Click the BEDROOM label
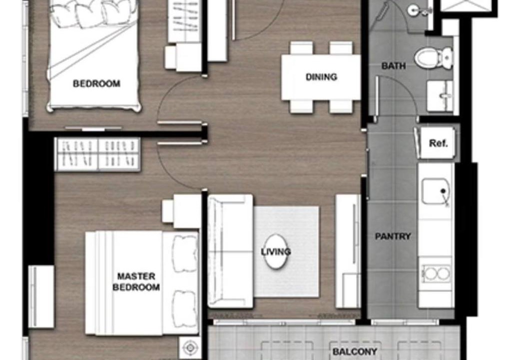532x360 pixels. pyautogui.click(x=97, y=83)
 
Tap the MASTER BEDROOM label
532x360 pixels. pyautogui.click(x=136, y=281)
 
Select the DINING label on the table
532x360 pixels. pyautogui.click(x=321, y=77)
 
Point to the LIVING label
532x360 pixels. pyautogui.click(x=276, y=251)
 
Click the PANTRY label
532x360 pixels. pyautogui.click(x=393, y=236)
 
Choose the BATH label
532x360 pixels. pyautogui.click(x=394, y=65)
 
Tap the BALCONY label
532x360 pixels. pyautogui.click(x=355, y=351)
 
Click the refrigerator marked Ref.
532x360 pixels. pyautogui.click(x=435, y=143)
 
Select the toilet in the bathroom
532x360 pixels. pyautogui.click(x=434, y=57)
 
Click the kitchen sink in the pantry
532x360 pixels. pyautogui.click(x=436, y=191)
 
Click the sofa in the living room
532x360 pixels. pyautogui.click(x=230, y=251)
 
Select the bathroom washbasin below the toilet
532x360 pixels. pyautogui.click(x=441, y=96)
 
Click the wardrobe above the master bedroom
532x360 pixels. pyautogui.click(x=98, y=154)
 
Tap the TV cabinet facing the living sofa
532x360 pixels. pyautogui.click(x=348, y=251)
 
